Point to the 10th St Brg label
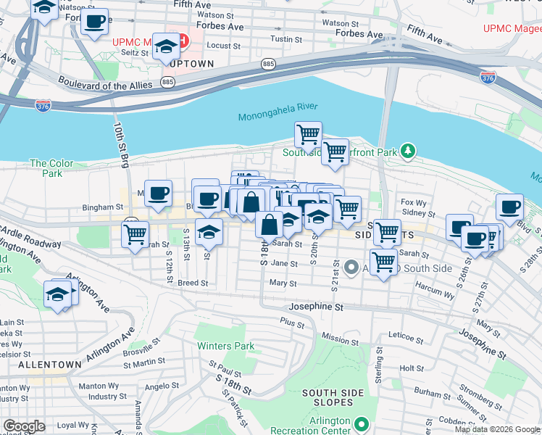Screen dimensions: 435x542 point(120,144)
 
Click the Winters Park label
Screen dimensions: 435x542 point(226,346)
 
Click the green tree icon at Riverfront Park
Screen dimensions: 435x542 point(408,151)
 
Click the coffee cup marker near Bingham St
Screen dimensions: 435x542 point(158,193)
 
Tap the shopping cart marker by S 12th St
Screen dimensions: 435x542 point(135,235)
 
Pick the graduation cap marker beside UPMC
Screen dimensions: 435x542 point(167,48)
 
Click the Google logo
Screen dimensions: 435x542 point(24,426)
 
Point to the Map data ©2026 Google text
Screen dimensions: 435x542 point(498,429)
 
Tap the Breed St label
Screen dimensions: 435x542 point(193,283)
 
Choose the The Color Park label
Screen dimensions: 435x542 point(51,168)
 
